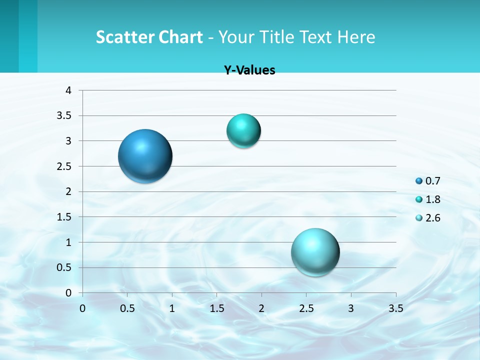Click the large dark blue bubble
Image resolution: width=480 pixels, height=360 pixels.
click(x=145, y=156)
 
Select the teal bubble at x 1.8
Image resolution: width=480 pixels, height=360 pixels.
click(x=243, y=130)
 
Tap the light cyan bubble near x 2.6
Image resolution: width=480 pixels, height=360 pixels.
click(x=315, y=252)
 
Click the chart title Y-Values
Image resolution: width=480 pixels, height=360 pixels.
click(x=249, y=70)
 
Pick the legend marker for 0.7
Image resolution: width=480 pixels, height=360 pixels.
click(x=419, y=181)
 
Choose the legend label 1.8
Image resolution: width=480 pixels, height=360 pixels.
click(x=433, y=199)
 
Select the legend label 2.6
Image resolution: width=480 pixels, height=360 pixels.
click(x=433, y=218)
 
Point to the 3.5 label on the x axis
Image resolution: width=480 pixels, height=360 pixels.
click(x=395, y=308)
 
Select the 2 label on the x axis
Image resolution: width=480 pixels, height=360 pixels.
click(x=261, y=308)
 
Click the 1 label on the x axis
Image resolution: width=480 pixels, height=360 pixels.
click(x=172, y=308)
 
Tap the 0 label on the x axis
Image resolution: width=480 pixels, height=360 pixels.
click(x=82, y=308)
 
